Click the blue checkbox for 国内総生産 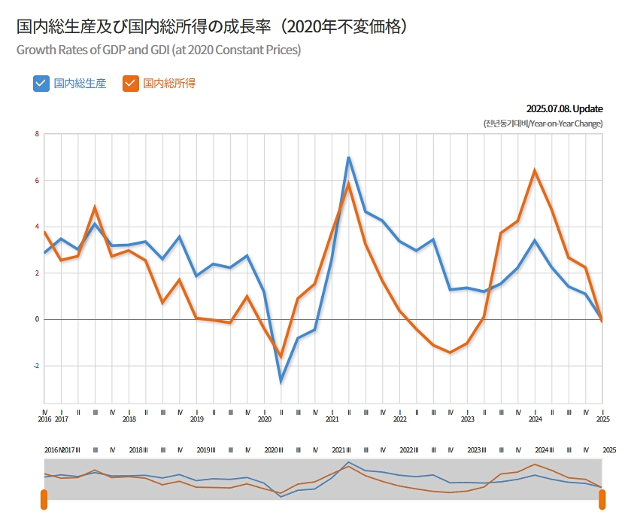coord(41,84)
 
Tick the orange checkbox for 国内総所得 coord(131,84)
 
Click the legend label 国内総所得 coord(169,84)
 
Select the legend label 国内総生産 coord(80,84)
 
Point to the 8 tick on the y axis coord(36,135)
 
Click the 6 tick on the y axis coord(36,181)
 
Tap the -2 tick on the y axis coord(35,366)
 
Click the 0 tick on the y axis coord(36,319)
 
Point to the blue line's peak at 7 coord(349,157)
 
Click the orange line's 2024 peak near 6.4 coord(535,171)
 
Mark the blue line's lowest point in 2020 coord(281,381)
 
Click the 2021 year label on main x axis coord(332,419)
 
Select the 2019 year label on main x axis coord(197,419)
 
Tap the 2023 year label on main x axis coord(468,419)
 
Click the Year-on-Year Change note coord(543,123)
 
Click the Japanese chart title coord(213,27)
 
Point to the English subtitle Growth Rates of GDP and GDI coord(159,50)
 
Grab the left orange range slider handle coord(44,499)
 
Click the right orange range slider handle coord(602,499)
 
